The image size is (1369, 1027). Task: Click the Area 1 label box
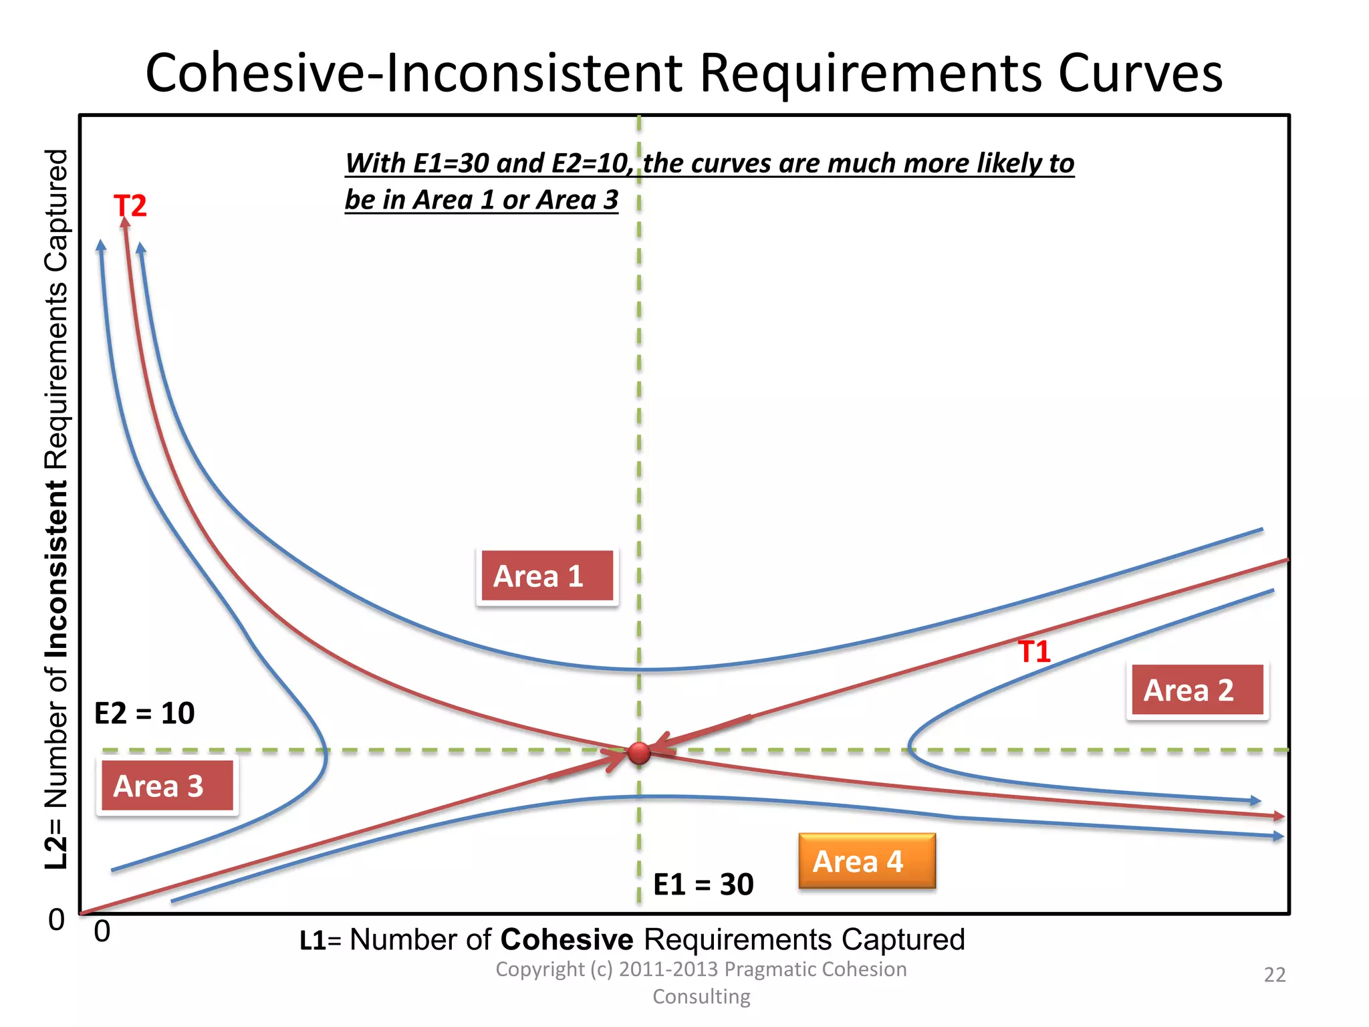pos(547,576)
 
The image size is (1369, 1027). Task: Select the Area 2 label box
pos(1197,691)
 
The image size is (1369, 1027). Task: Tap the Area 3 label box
pos(167,786)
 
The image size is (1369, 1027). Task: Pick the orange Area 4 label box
pos(867,861)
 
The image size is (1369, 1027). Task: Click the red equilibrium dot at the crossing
pos(639,753)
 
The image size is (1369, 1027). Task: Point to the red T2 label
pos(130,206)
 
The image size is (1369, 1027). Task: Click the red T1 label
pos(1034,651)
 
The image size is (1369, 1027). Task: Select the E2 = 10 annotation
pos(144,713)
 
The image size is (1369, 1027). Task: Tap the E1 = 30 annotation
pos(703,885)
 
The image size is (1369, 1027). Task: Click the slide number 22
pos(1274,975)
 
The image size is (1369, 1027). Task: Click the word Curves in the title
pos(1140,73)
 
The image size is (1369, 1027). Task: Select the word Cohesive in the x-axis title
pos(566,939)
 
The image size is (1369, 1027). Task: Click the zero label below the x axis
pos(102,931)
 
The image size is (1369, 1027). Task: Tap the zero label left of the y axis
pos(57,920)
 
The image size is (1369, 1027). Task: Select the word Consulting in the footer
pos(701,996)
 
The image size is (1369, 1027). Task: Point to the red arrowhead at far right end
pos(1279,816)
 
